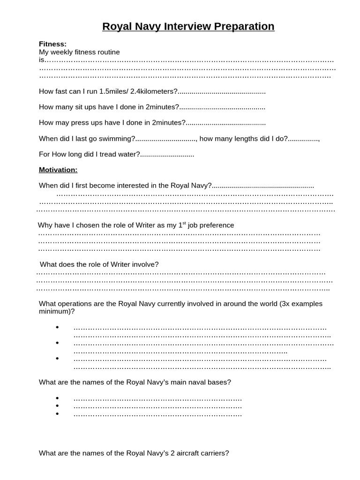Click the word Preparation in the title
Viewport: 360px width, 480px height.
click(x=244, y=27)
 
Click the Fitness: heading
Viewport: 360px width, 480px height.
click(x=52, y=44)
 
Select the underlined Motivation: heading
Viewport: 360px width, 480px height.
click(x=58, y=170)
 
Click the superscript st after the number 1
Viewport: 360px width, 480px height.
click(x=184, y=223)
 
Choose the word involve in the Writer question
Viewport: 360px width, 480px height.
click(x=145, y=264)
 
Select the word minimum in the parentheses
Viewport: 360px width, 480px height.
click(x=54, y=311)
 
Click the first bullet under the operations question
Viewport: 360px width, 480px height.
click(x=57, y=327)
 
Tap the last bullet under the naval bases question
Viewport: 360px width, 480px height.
click(x=57, y=414)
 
